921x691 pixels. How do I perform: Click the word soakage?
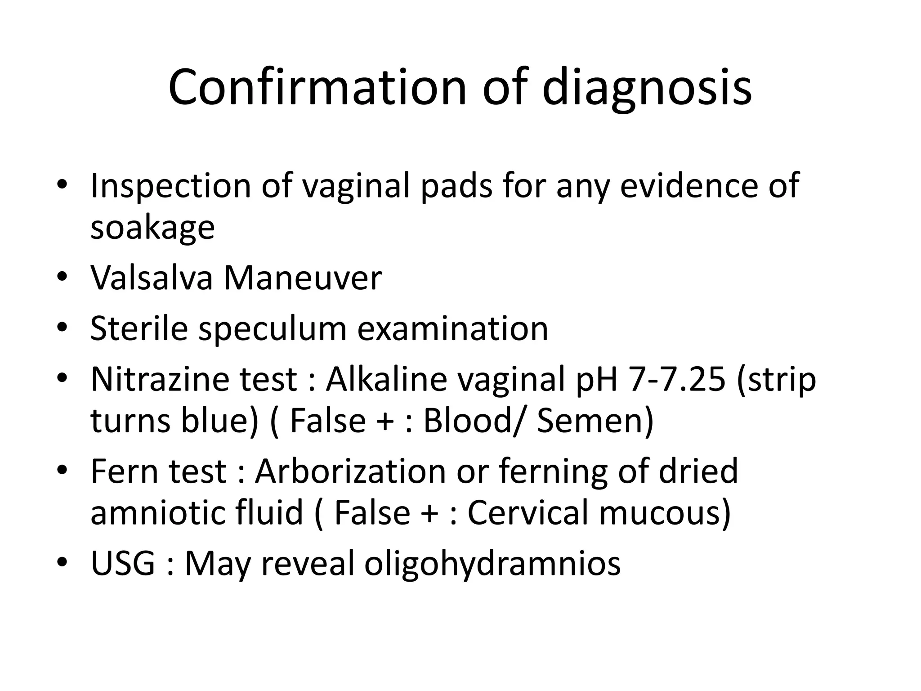point(152,228)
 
